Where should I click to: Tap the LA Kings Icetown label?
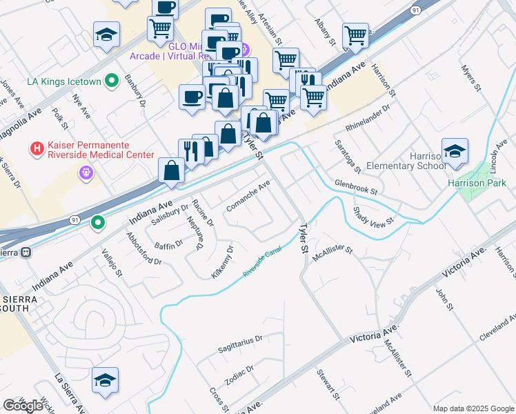[x=63, y=81]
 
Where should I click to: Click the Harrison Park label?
[x=477, y=183]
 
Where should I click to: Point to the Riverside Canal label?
[x=262, y=264]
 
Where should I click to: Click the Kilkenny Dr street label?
[x=224, y=260]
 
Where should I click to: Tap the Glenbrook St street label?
[x=357, y=186]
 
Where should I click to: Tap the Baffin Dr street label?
[x=168, y=244]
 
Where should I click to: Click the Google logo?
[x=23, y=406]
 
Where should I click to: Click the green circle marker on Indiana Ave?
[x=99, y=223]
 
